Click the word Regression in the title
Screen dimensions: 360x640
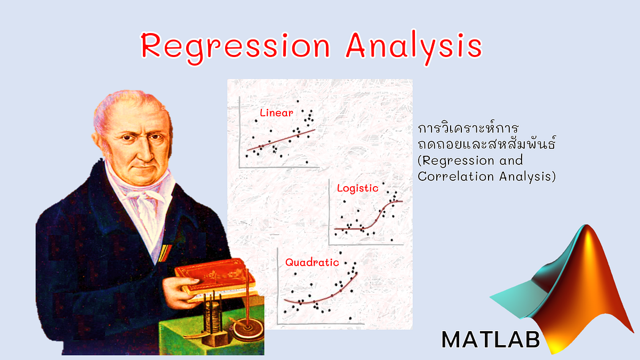click(x=235, y=46)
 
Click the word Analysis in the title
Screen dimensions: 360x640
click(x=413, y=46)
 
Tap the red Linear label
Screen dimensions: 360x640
click(x=276, y=113)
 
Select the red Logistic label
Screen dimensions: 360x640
click(x=357, y=188)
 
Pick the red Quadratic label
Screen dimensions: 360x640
click(x=312, y=262)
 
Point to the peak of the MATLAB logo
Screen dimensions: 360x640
click(x=579, y=235)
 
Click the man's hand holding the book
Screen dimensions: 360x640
click(x=176, y=288)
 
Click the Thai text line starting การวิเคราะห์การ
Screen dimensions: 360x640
click(x=469, y=130)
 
